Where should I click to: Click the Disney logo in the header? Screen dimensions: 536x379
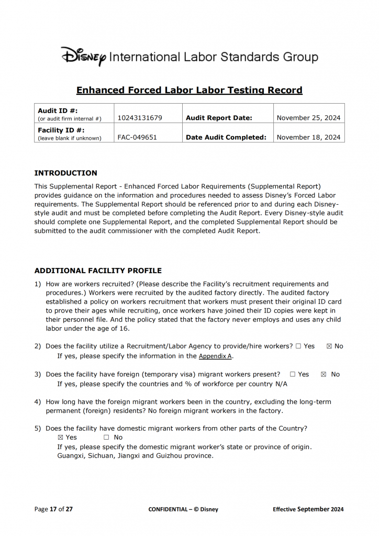(x=84, y=56)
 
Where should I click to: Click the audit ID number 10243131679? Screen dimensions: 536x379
(x=140, y=118)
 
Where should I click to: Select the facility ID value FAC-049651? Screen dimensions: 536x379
(x=137, y=138)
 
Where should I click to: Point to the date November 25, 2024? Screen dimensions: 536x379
(x=309, y=118)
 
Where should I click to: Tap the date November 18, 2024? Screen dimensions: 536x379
(x=309, y=138)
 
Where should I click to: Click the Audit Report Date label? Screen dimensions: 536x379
(x=219, y=118)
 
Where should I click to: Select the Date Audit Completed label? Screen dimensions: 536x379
(x=226, y=138)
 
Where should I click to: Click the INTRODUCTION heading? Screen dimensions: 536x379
(x=65, y=173)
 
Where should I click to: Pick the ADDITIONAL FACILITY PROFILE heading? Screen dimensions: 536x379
(x=98, y=271)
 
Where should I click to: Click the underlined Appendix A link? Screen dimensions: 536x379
(x=215, y=356)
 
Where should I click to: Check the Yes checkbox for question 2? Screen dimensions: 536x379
(x=298, y=346)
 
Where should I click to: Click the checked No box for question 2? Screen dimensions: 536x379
(x=329, y=346)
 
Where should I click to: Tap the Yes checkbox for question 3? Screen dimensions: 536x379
(x=293, y=374)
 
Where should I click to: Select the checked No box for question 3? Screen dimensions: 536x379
(x=324, y=374)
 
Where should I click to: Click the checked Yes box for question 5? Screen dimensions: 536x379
(x=60, y=437)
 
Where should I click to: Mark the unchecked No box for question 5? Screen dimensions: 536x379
(x=106, y=437)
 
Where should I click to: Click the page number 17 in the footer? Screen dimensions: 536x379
(x=53, y=509)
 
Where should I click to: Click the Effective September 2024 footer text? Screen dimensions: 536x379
(x=308, y=509)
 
